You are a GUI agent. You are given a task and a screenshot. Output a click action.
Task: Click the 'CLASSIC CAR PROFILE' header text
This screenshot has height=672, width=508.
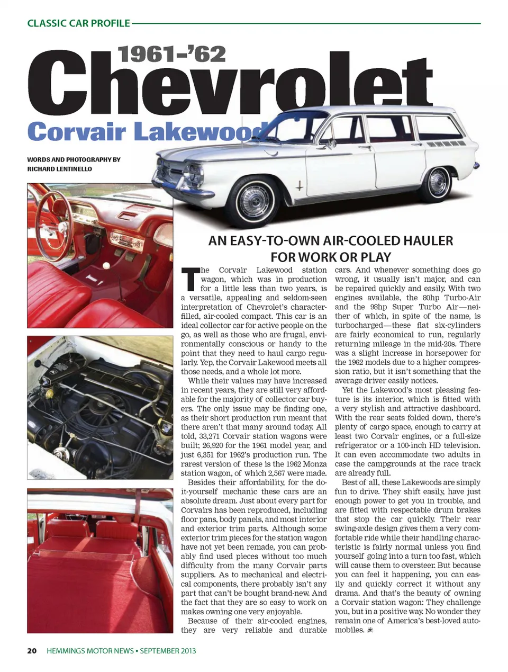pyautogui.click(x=78, y=23)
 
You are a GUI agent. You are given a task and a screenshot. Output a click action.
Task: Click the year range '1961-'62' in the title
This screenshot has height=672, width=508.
pyautogui.click(x=172, y=54)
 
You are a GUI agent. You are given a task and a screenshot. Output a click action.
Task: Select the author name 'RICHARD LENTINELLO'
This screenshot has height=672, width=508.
pyautogui.click(x=59, y=169)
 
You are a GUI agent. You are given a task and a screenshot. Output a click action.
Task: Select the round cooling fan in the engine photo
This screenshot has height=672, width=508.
pyautogui.click(x=105, y=407)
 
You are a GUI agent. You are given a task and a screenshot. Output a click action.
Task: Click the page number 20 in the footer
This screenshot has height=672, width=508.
pyautogui.click(x=32, y=650)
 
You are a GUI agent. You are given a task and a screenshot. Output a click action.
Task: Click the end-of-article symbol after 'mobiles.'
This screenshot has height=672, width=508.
pyautogui.click(x=370, y=630)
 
